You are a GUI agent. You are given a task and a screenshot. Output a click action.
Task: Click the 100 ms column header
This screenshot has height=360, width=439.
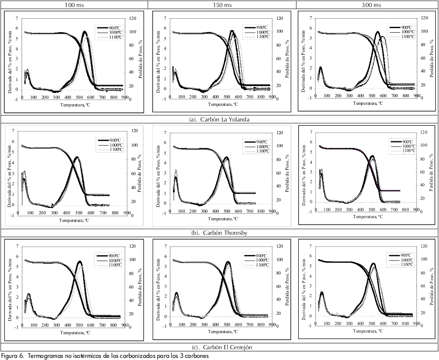(74, 4)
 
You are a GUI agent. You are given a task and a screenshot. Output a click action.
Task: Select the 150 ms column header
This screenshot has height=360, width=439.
(221, 4)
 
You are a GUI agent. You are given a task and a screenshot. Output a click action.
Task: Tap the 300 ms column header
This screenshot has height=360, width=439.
(368, 4)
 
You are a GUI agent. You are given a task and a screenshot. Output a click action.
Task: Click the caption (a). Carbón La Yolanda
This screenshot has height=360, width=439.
(220, 119)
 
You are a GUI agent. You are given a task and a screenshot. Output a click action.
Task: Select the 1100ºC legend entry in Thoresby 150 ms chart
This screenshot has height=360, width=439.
(263, 152)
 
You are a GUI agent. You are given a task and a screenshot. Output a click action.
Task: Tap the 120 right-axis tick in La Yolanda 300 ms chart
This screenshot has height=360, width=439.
(423, 18)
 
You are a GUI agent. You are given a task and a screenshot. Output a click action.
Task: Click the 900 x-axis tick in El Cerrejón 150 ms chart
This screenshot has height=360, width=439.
(269, 325)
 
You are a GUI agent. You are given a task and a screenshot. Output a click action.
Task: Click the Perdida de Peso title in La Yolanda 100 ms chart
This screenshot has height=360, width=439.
(141, 59)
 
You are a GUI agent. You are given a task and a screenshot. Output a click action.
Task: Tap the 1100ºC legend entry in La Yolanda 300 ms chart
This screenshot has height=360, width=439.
(407, 37)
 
